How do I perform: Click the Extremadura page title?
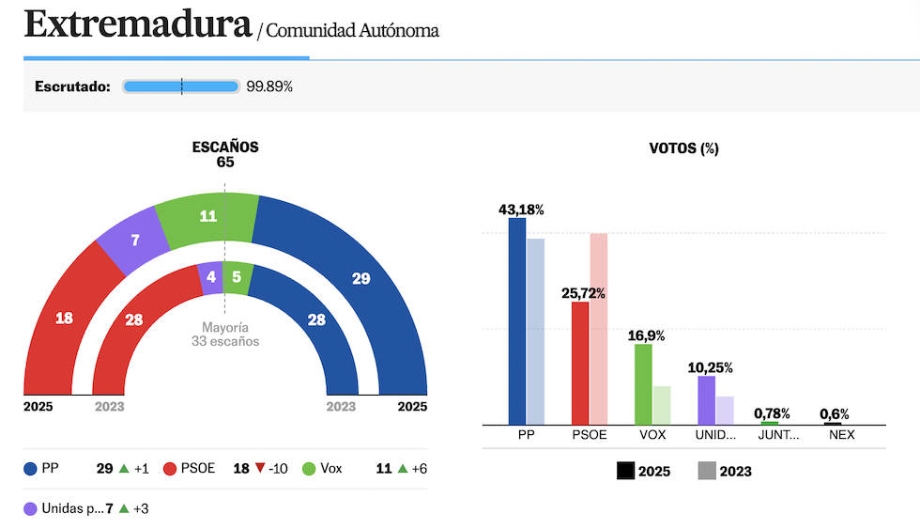(138, 25)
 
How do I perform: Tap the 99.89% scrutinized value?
(269, 86)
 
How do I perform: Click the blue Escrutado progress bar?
(181, 86)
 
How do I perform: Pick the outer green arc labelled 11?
(208, 215)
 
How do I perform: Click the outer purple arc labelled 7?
(135, 240)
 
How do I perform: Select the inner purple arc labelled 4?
(211, 277)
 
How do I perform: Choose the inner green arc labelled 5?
(237, 277)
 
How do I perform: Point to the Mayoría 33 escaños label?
(225, 335)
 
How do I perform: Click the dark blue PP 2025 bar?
(517, 320)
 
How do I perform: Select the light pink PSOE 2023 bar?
(599, 329)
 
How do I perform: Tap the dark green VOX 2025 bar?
(643, 383)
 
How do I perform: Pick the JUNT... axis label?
(778, 436)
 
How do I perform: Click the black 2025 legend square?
(625, 472)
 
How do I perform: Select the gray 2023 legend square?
(707, 472)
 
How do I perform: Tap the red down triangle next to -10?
(259, 468)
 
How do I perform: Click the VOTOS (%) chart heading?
(683, 148)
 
